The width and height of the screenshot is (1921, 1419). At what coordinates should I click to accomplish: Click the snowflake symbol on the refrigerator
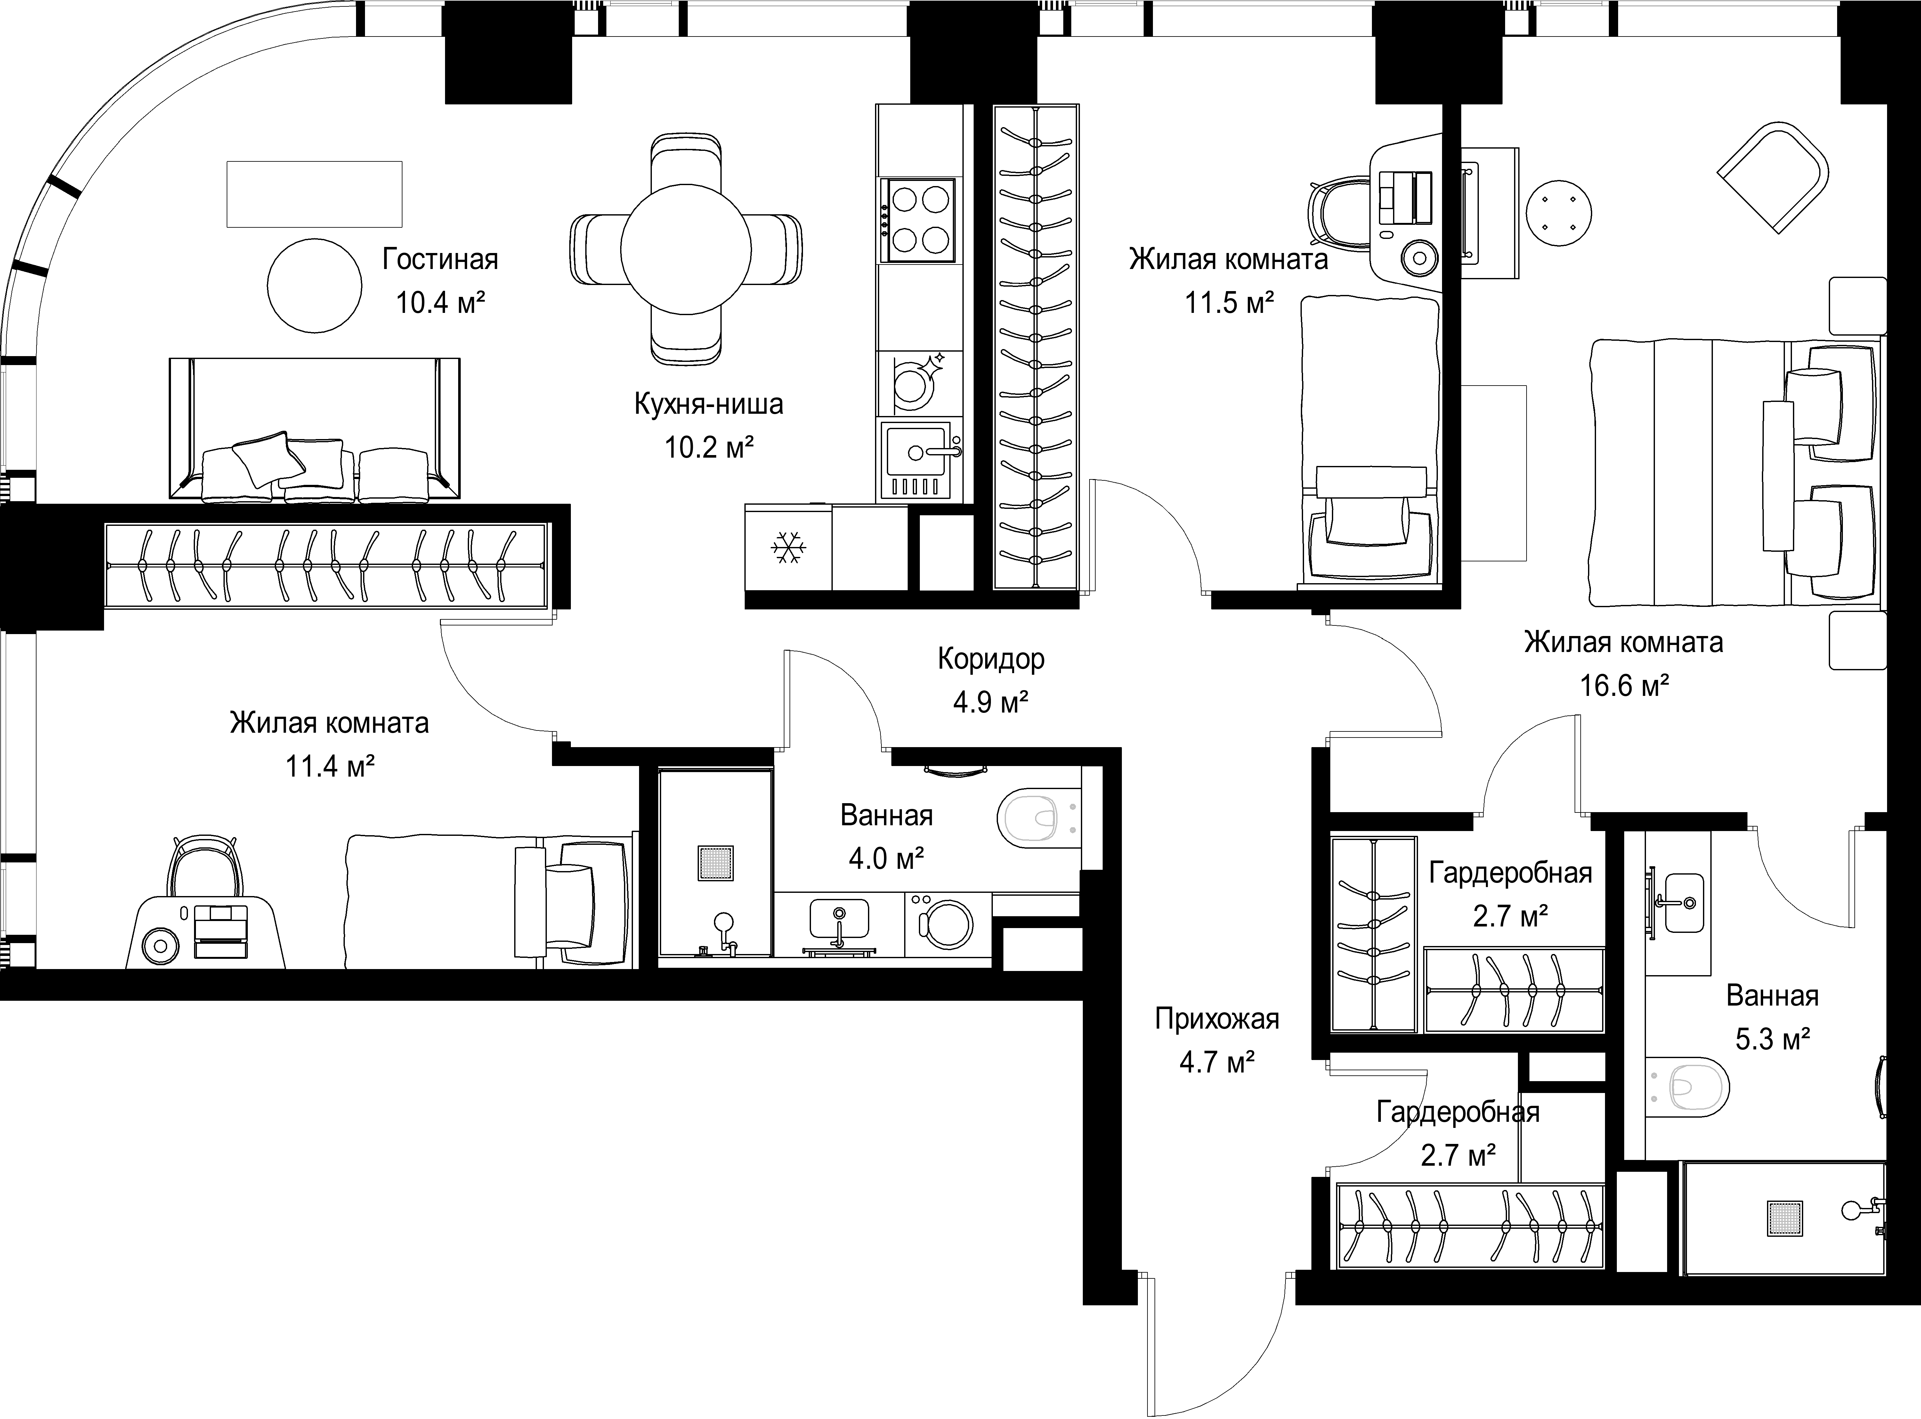point(788,548)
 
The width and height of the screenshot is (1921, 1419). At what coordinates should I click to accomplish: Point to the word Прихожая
point(1217,1020)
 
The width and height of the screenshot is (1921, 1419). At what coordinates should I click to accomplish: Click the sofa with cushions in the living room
point(314,429)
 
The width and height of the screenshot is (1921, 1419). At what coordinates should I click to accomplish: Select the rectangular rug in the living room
point(314,194)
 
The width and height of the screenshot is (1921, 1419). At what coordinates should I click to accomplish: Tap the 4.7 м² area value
point(1217,1064)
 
